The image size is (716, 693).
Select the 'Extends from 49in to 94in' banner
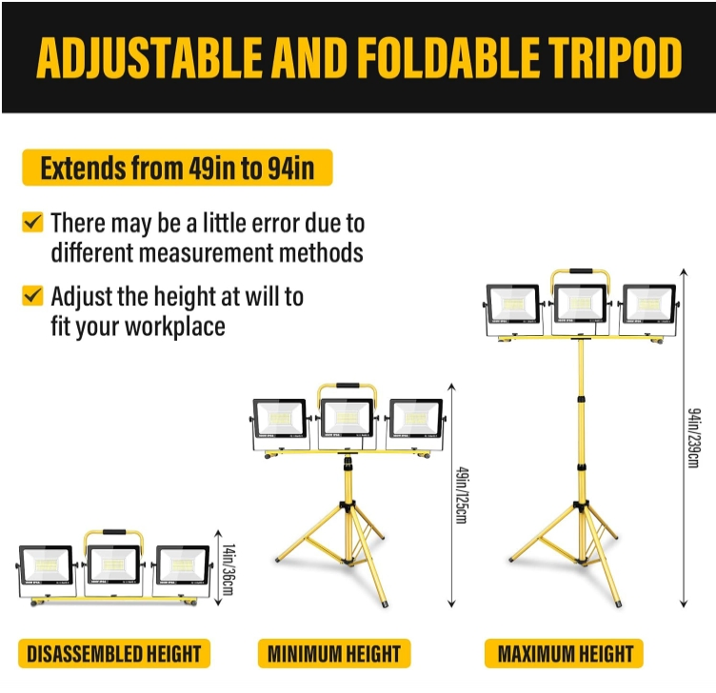pos(177,168)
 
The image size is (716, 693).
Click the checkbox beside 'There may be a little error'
pos(32,223)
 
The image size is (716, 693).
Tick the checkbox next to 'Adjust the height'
pos(32,295)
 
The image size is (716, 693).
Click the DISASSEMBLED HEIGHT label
pos(113,654)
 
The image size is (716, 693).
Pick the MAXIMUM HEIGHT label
pos(565,654)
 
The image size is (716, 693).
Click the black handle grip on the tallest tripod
pos(581,272)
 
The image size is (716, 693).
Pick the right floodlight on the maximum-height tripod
pos(647,305)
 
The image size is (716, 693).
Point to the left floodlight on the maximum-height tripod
pos(513,305)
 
